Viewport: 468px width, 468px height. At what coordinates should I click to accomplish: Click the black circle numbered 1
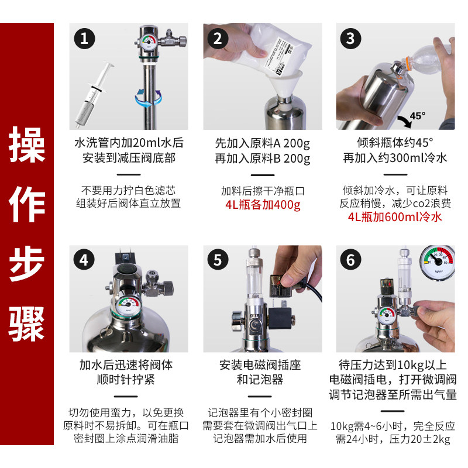click(84, 39)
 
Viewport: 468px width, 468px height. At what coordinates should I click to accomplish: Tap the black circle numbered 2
click(218, 39)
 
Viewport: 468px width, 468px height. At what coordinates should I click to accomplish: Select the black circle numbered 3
click(350, 39)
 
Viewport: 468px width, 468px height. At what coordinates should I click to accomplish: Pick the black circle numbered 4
click(84, 260)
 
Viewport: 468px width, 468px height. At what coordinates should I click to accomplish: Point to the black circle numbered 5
click(218, 260)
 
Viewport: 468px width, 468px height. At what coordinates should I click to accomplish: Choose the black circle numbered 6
click(350, 260)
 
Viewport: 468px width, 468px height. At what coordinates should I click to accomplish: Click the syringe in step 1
click(94, 95)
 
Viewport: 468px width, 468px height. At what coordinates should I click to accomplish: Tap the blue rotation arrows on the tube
click(149, 98)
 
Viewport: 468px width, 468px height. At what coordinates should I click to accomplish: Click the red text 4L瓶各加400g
click(263, 205)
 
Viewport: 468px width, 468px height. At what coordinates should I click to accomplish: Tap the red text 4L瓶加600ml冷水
click(394, 217)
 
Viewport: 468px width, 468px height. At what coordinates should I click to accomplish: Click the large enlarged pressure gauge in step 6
click(437, 263)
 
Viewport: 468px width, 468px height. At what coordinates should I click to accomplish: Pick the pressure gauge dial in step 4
click(128, 306)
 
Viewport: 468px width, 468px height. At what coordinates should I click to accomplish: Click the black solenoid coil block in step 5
click(281, 318)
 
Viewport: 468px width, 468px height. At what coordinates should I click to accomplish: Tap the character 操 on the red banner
click(27, 144)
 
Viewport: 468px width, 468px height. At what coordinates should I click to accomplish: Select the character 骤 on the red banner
click(27, 324)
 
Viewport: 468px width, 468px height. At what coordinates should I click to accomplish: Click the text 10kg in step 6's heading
click(411, 364)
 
